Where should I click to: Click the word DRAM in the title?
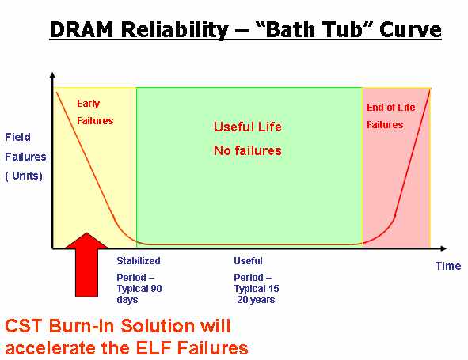tap(82, 30)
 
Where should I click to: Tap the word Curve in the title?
tap(410, 30)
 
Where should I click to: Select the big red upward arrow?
tap(86, 265)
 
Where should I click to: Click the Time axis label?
tap(448, 266)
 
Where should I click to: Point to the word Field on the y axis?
tap(17, 137)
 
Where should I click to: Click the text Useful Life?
tap(248, 127)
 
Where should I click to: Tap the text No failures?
tap(248, 150)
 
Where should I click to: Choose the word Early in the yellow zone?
tap(88, 104)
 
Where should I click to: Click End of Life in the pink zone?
tap(391, 107)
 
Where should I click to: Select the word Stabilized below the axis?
tap(139, 260)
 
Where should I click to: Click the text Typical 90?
tap(139, 289)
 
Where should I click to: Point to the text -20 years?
tap(254, 299)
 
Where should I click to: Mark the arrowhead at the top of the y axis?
tap(52, 75)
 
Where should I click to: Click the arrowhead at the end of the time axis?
tap(443, 248)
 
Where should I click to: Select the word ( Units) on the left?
tap(24, 176)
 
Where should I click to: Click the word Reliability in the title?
tap(174, 30)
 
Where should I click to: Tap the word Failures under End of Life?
tap(385, 125)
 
